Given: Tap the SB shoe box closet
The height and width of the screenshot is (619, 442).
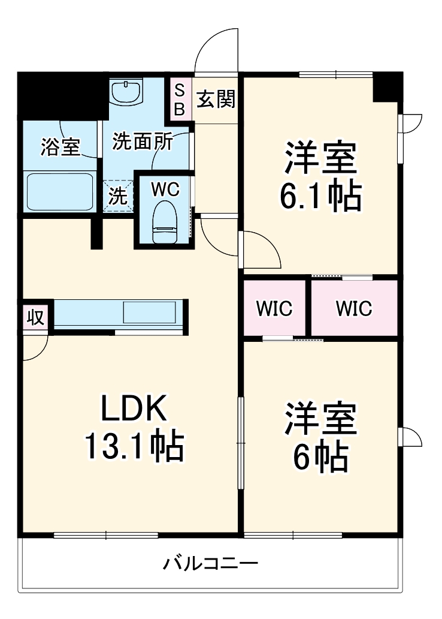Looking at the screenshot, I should coord(180,99).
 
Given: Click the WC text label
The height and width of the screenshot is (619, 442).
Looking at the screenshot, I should coord(164,189).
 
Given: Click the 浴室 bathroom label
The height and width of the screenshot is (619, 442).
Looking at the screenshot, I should coord(60,147).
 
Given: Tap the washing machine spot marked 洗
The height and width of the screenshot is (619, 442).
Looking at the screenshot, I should coord(118,197).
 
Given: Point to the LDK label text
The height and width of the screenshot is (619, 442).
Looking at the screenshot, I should coord(132,411).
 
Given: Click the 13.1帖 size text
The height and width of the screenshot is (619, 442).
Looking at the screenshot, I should coord(132,447).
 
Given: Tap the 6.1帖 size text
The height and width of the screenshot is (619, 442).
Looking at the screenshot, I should coord(321,196).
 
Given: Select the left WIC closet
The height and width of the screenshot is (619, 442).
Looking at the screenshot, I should coord(275,308).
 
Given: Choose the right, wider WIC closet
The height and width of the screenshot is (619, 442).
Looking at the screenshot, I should coord(354,308).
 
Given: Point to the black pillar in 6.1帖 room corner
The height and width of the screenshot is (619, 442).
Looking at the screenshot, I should coord(387,86).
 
